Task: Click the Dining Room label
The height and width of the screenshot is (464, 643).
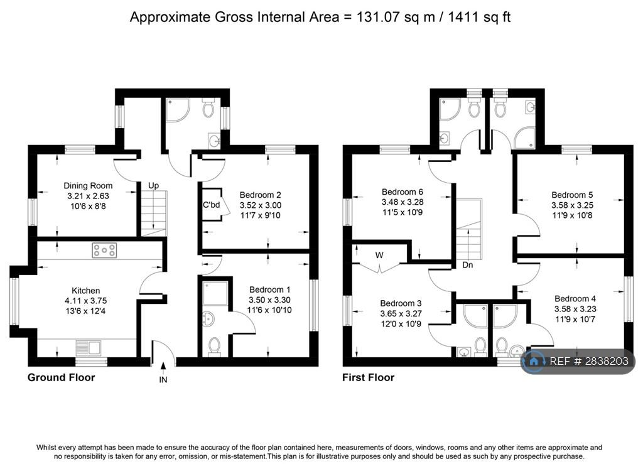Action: tap(88, 186)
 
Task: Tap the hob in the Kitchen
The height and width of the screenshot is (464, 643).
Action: tap(104, 250)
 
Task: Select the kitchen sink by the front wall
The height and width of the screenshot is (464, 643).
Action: tap(88, 348)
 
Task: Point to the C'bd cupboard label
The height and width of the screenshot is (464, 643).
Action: tap(211, 205)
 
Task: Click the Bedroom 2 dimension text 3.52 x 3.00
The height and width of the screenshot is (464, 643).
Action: tap(261, 205)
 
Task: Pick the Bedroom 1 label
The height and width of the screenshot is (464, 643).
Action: tap(270, 290)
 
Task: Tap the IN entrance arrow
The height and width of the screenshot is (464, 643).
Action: tap(163, 366)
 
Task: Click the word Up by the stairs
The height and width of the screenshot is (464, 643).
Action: tap(153, 185)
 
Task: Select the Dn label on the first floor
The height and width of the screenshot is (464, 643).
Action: tap(467, 265)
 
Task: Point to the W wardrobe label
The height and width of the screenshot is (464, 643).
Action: tap(379, 255)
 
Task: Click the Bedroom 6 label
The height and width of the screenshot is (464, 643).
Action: tap(403, 192)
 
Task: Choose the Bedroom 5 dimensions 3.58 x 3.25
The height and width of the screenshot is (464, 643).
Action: tap(572, 205)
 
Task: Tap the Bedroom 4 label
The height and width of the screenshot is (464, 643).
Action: tap(575, 299)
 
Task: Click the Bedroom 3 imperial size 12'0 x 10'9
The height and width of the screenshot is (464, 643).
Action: tap(401, 324)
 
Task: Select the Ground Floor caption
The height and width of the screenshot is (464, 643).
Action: tap(61, 377)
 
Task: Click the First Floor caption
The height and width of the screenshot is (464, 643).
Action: tap(368, 377)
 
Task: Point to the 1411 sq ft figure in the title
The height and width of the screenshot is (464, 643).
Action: tap(479, 17)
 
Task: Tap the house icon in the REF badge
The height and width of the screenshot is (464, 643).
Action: tap(534, 361)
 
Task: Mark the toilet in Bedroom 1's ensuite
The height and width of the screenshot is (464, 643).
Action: tap(213, 347)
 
